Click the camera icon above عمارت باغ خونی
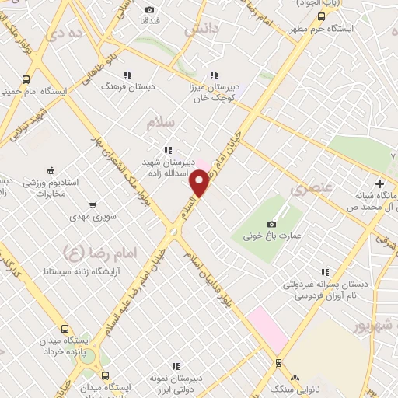tap(271, 224)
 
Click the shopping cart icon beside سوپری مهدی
tap(92, 205)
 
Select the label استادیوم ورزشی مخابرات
tap(62, 187)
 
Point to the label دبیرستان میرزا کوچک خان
tap(211, 94)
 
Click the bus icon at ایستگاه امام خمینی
tap(26, 79)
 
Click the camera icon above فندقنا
tap(149, 10)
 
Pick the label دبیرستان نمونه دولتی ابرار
tap(176, 381)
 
